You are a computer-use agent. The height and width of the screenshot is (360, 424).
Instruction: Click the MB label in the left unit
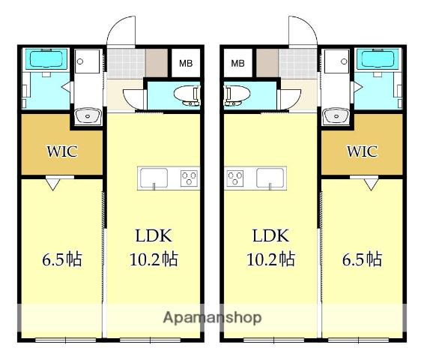(x=184, y=64)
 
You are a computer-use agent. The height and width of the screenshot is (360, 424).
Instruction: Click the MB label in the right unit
(x=238, y=64)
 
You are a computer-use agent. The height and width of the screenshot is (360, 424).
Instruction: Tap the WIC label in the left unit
(x=62, y=151)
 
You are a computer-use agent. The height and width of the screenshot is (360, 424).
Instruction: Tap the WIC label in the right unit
(x=361, y=151)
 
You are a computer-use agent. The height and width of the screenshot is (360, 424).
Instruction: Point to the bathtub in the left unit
(x=46, y=59)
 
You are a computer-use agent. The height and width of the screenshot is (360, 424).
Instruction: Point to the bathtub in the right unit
(x=377, y=59)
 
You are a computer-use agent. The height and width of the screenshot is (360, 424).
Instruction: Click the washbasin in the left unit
(x=88, y=115)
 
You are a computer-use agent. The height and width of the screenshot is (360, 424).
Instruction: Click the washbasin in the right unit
(x=335, y=115)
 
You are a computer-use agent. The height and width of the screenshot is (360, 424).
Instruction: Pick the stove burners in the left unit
(x=188, y=178)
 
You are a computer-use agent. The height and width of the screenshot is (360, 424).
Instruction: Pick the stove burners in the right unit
(x=235, y=178)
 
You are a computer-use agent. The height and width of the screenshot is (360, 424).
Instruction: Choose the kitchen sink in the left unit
(x=154, y=178)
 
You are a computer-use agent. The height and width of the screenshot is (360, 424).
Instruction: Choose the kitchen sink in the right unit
(x=270, y=178)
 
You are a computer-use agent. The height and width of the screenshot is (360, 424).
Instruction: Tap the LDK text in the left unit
(x=153, y=236)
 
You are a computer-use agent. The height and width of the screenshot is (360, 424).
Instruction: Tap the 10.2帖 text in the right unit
(x=270, y=259)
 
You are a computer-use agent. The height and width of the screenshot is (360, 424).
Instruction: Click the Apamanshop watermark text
(x=212, y=317)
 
